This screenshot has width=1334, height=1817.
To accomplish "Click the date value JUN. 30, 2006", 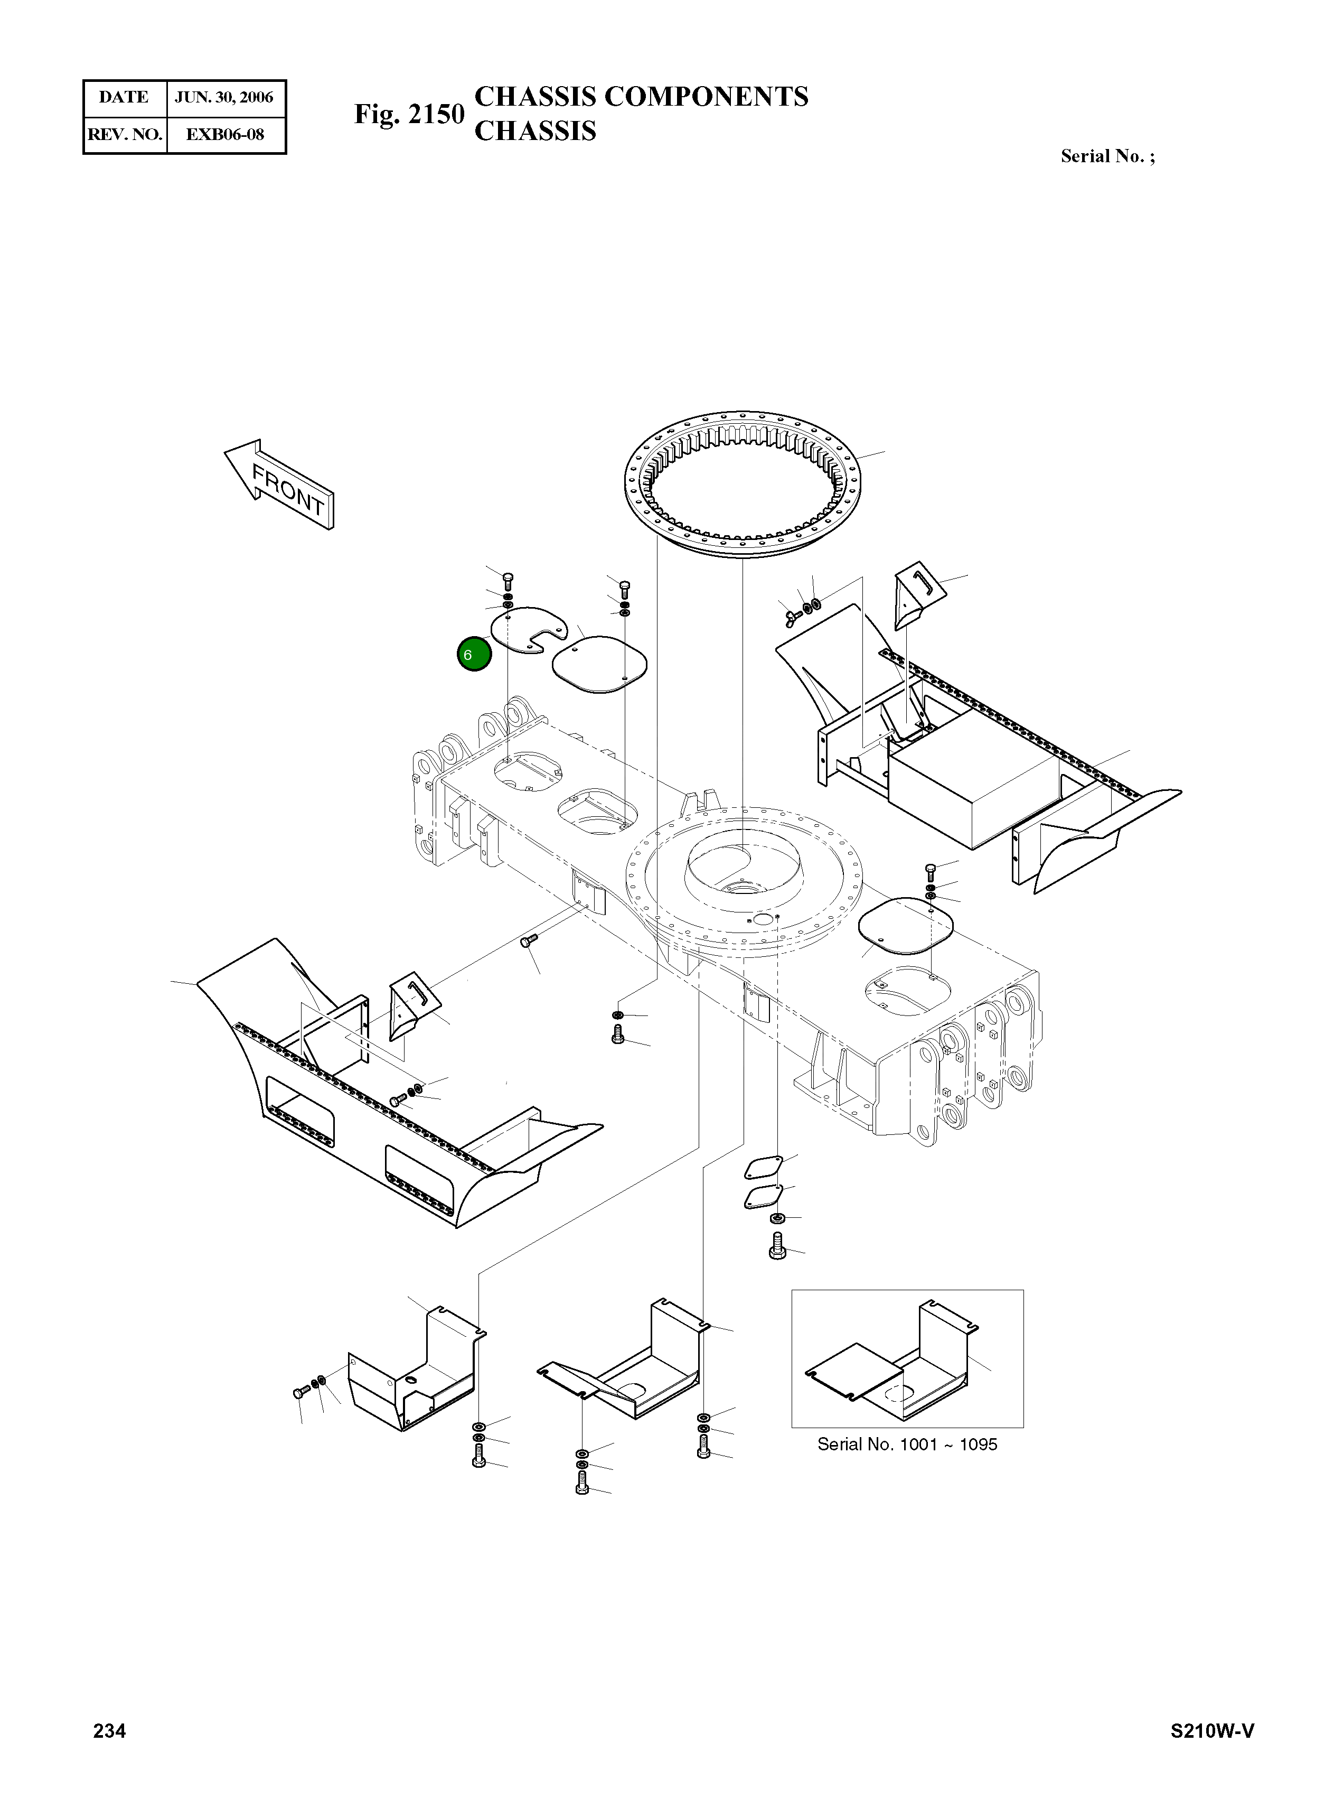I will coord(224,98).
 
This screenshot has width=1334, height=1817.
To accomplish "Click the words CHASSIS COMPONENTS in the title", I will coord(641,96).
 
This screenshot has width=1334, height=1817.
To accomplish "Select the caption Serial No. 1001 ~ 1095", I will coord(907,1445).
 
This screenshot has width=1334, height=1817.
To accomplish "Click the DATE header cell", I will coord(124,98).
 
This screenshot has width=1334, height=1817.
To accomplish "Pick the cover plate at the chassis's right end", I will coord(905,925).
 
